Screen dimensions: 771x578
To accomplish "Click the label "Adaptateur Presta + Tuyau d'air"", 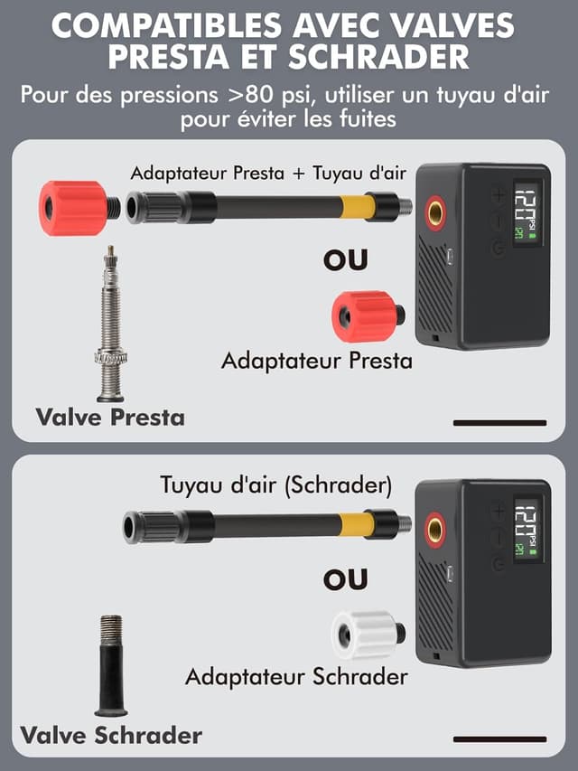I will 268,173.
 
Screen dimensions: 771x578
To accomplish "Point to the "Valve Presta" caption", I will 110,417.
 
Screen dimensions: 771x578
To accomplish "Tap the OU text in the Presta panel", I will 346,259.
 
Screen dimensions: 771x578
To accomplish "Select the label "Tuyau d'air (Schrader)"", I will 276,484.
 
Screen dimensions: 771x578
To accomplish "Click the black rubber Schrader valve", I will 111,664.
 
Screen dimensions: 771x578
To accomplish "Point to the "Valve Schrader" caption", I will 112,734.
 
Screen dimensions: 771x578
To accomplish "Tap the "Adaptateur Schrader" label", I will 296,676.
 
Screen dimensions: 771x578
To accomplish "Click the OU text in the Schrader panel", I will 346,578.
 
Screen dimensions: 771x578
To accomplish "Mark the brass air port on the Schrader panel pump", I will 436,529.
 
